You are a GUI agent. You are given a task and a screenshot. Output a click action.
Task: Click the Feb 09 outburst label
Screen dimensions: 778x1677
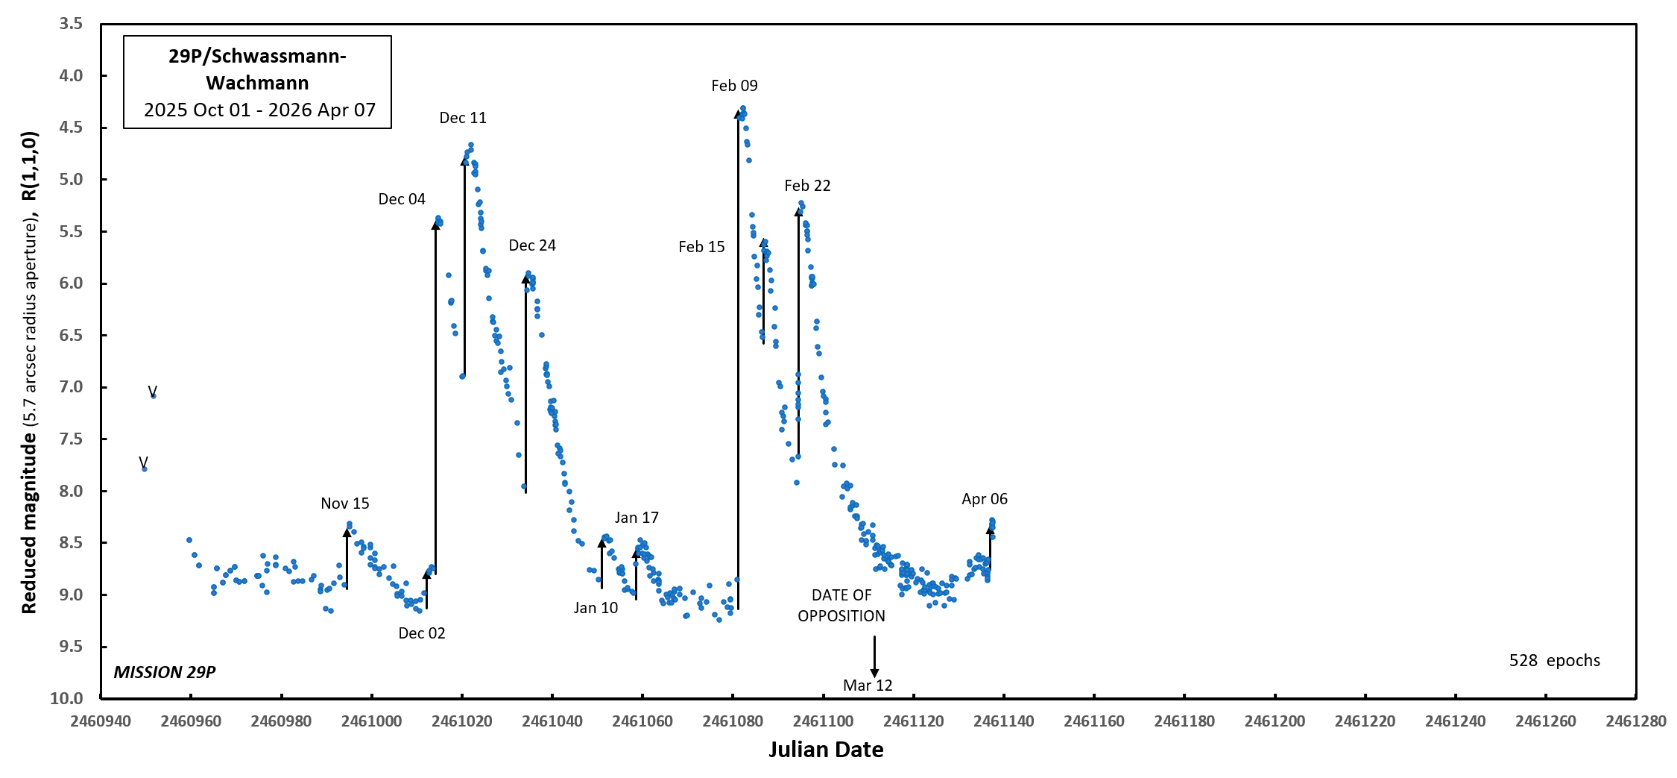pyautogui.click(x=734, y=86)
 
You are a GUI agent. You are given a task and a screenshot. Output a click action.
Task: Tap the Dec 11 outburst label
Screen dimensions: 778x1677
pyautogui.click(x=463, y=118)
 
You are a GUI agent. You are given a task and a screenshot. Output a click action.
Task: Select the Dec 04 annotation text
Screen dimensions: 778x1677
pyautogui.click(x=402, y=199)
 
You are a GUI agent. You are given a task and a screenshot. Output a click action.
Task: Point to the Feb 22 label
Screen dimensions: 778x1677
pyautogui.click(x=807, y=186)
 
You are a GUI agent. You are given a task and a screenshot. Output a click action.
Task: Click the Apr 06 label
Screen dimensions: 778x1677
pyautogui.click(x=985, y=499)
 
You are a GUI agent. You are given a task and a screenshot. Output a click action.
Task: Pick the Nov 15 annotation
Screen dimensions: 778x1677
pyautogui.click(x=345, y=503)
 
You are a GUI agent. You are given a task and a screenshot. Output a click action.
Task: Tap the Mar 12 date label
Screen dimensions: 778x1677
pyautogui.click(x=868, y=686)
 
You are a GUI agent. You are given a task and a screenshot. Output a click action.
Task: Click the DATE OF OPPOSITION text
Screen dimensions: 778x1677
pyautogui.click(x=841, y=606)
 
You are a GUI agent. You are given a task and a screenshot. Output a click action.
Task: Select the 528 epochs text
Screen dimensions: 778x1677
pyautogui.click(x=1555, y=661)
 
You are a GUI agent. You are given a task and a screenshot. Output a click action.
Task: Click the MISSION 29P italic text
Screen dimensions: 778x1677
pyautogui.click(x=165, y=672)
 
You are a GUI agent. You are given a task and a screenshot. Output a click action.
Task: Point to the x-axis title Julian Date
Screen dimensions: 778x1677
pyautogui.click(x=826, y=750)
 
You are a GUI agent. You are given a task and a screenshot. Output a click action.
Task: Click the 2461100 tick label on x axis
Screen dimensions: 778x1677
pyautogui.click(x=823, y=721)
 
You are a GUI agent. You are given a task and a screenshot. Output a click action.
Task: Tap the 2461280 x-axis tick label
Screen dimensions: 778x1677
pyautogui.click(x=1636, y=721)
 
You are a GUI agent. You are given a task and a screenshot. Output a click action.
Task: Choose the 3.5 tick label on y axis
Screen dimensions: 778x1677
pyautogui.click(x=72, y=24)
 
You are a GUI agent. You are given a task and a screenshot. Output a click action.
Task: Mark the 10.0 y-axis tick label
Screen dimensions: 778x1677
pyautogui.click(x=67, y=698)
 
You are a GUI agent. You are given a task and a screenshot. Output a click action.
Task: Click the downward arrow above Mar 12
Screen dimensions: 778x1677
pyautogui.click(x=874, y=656)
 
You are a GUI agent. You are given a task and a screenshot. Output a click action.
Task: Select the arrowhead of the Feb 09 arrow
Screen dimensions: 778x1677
pyautogui.click(x=738, y=114)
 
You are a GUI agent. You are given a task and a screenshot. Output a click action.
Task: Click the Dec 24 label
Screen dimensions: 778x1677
pyautogui.click(x=532, y=246)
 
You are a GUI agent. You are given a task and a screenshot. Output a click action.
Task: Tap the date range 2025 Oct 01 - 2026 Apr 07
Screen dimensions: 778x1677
pyautogui.click(x=259, y=110)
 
